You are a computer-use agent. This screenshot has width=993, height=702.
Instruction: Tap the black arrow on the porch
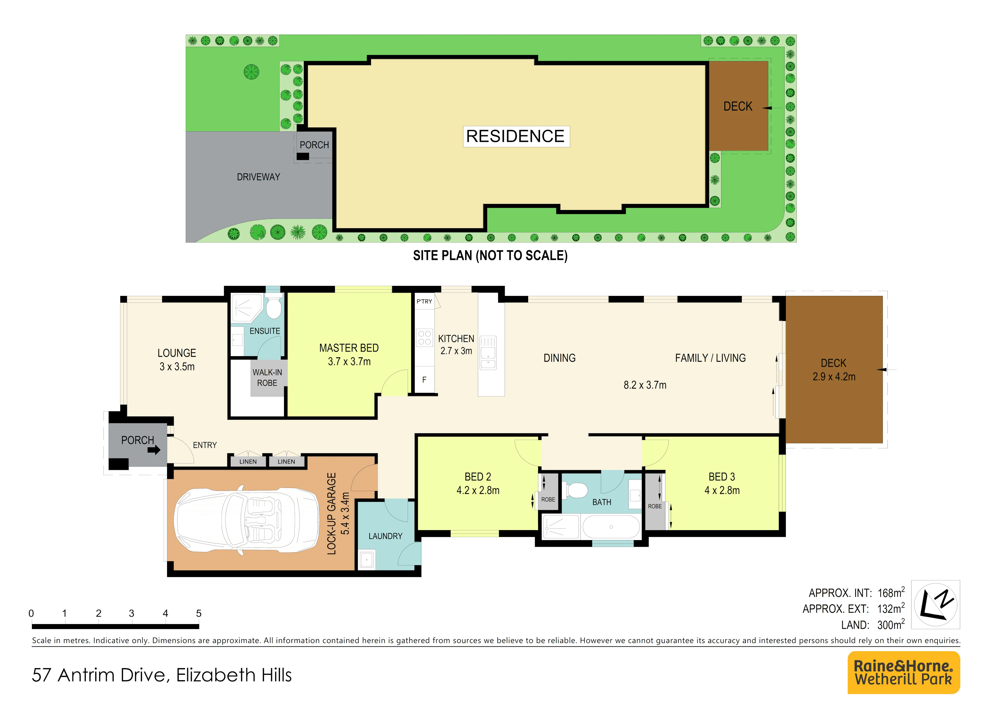(154, 450)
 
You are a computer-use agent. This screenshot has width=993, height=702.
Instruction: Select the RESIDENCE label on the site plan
(515, 136)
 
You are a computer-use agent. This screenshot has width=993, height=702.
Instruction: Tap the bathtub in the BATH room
(611, 527)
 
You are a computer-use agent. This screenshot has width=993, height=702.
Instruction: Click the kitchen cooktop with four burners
(424, 338)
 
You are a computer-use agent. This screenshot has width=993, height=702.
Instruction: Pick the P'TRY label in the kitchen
(424, 301)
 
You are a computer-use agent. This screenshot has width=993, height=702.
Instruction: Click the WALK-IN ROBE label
(267, 378)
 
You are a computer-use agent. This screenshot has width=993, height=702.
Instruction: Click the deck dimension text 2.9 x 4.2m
(834, 377)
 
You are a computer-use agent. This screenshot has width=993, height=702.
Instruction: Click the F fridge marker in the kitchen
(424, 380)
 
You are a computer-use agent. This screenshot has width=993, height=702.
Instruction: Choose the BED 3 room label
(722, 477)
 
